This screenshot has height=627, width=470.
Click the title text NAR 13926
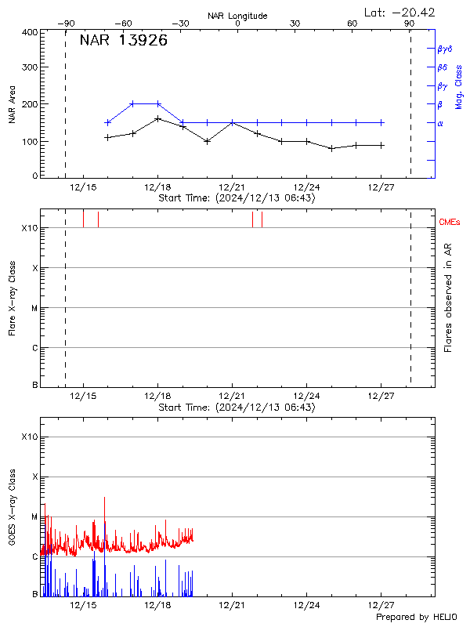click(x=124, y=42)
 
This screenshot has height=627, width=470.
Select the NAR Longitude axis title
click(x=237, y=16)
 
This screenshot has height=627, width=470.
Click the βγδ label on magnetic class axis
click(x=446, y=49)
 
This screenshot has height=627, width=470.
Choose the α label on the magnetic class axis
click(x=440, y=123)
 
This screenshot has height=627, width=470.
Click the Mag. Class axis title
click(x=458, y=86)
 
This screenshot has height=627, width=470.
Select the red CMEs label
click(x=450, y=223)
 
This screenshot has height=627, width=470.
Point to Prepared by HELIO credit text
click(x=416, y=617)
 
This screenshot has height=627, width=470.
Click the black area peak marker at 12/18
click(x=157, y=118)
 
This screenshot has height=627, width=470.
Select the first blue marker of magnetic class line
click(x=108, y=122)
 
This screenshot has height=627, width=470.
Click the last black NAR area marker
click(x=381, y=145)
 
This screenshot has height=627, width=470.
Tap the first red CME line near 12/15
click(x=83, y=219)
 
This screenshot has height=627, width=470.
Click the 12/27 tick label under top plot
click(x=381, y=187)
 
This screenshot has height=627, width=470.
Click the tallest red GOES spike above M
click(x=104, y=498)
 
